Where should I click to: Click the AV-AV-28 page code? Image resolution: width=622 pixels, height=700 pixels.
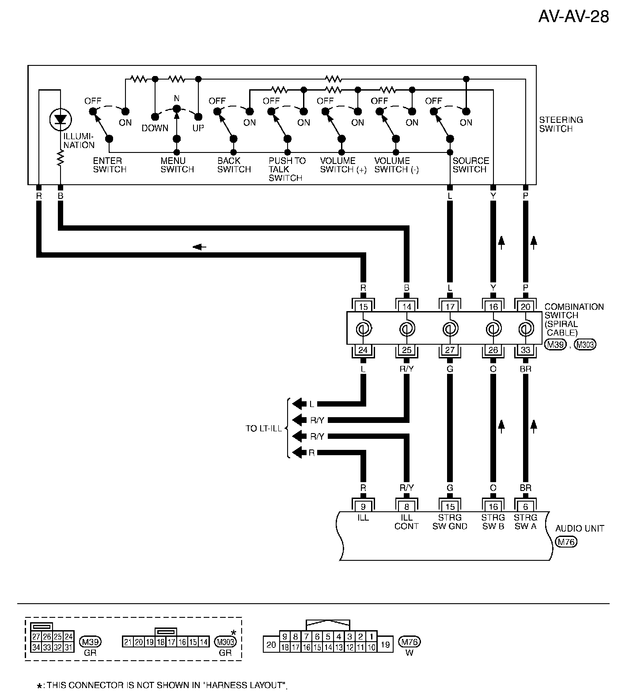coord(573,17)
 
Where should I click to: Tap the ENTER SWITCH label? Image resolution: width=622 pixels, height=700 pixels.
coord(109,165)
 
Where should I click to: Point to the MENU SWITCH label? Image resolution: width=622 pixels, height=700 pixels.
coord(177,165)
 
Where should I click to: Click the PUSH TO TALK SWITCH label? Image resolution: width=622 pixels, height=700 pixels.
coord(287,169)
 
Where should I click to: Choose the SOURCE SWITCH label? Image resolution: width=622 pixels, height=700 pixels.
coord(470,165)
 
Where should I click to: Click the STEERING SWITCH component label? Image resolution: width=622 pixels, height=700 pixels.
coord(561,124)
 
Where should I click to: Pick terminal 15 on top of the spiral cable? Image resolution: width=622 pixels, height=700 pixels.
coord(363,307)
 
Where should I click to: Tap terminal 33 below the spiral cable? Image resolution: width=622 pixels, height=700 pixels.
coord(525,350)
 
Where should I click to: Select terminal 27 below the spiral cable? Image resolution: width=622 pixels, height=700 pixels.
coord(449,350)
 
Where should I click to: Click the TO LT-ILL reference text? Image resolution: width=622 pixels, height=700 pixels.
coord(263,429)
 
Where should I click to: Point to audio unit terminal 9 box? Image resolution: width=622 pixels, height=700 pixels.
coord(363,506)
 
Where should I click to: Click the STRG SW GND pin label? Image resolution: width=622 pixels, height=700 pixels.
coord(449,521)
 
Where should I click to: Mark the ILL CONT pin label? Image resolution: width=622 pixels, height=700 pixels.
coord(406,521)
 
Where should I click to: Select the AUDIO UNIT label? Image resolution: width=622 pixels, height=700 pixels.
coord(579,528)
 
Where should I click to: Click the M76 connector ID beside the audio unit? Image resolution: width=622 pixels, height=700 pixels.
coord(566,542)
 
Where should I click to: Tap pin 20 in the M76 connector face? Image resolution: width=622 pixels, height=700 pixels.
coord(271,645)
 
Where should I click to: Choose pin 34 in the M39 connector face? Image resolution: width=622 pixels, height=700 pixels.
coord(36,648)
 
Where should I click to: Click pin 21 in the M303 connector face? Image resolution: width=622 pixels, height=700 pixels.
coord(128,642)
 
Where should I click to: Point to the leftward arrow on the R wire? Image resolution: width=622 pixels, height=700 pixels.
coord(200,247)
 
